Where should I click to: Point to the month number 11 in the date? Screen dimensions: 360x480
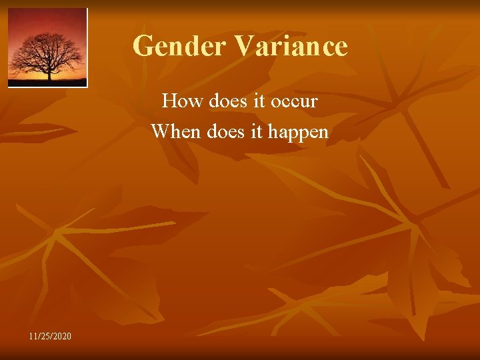coord(34,335)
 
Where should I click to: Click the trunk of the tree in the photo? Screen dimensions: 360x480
coord(49,72)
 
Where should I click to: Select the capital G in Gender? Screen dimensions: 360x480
coord(143,47)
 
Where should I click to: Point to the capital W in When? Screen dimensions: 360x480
coord(159,131)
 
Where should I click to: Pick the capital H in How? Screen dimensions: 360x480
coord(169,101)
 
